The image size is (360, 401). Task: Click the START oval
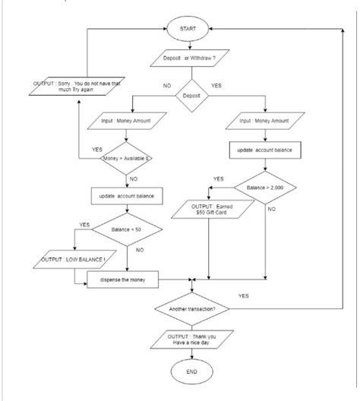188,28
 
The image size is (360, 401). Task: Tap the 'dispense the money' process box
122,281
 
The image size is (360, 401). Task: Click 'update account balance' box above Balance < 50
127,196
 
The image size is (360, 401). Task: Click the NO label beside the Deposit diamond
166,86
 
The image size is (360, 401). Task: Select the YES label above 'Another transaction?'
244,295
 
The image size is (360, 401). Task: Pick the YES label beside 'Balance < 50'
84,225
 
